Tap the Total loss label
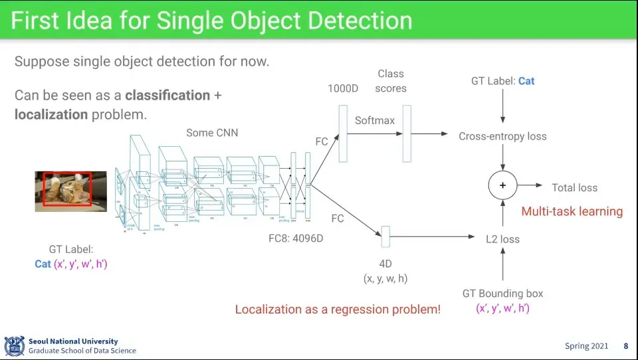574,188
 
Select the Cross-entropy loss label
502,136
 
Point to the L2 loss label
502,239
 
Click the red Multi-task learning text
572,212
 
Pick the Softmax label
374,120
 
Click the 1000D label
343,88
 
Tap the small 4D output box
385,232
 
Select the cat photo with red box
70,191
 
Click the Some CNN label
212,133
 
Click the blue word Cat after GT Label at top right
526,81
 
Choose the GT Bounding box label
502,294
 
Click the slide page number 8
625,346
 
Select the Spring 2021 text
585,346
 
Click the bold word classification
167,96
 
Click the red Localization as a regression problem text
338,310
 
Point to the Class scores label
391,80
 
